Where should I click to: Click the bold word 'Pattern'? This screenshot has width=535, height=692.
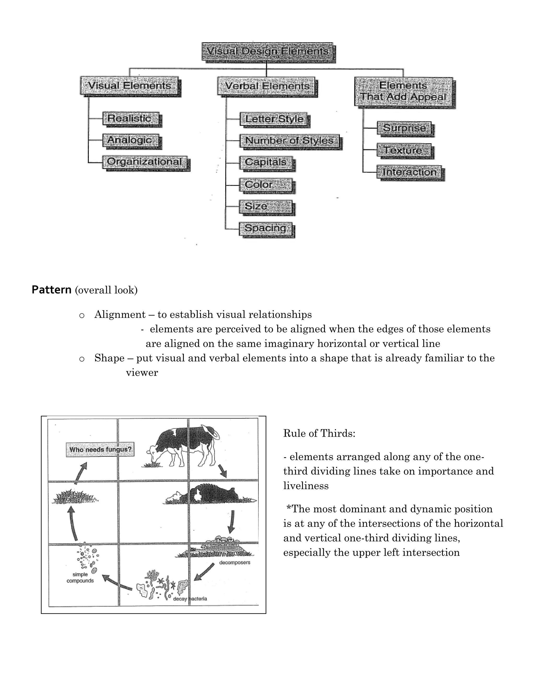click(x=51, y=290)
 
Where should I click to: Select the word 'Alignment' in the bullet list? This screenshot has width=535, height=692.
click(x=120, y=314)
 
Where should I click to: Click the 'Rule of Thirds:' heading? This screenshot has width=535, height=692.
click(x=319, y=433)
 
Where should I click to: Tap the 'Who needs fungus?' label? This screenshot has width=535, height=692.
click(x=100, y=449)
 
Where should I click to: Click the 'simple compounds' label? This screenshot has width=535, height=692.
click(x=80, y=577)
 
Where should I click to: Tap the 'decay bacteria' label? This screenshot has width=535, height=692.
click(x=190, y=599)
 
